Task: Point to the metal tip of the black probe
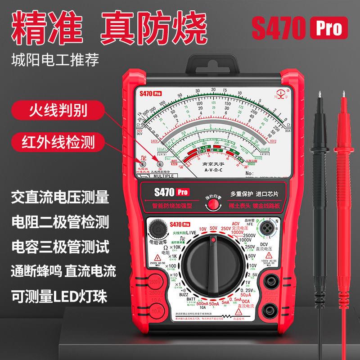(x=320, y=95)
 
